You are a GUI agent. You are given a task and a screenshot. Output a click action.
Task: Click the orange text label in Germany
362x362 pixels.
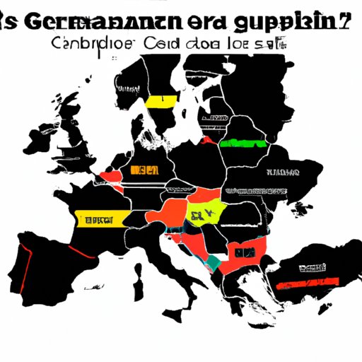(x=144, y=170)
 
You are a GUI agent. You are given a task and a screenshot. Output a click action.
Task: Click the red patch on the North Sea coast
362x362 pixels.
(x=110, y=175)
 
